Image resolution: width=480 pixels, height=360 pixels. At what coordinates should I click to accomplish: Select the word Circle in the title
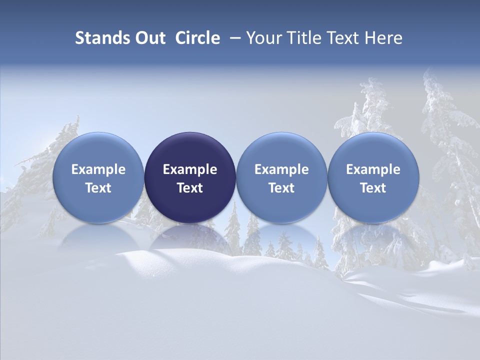(x=197, y=38)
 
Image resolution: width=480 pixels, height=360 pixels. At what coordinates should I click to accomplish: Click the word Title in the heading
(x=298, y=38)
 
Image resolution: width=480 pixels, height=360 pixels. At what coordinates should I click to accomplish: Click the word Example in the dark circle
(x=190, y=169)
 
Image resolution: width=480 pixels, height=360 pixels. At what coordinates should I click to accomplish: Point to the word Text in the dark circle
(x=190, y=188)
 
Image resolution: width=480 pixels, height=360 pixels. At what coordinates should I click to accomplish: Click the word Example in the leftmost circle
(x=98, y=169)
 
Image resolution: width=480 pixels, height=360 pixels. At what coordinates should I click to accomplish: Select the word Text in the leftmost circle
(x=98, y=188)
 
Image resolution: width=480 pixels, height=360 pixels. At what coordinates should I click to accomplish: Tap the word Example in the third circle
(x=281, y=169)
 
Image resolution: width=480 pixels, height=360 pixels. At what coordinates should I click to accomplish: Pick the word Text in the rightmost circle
(x=373, y=188)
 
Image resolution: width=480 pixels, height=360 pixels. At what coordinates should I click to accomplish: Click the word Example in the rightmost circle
(x=373, y=169)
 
